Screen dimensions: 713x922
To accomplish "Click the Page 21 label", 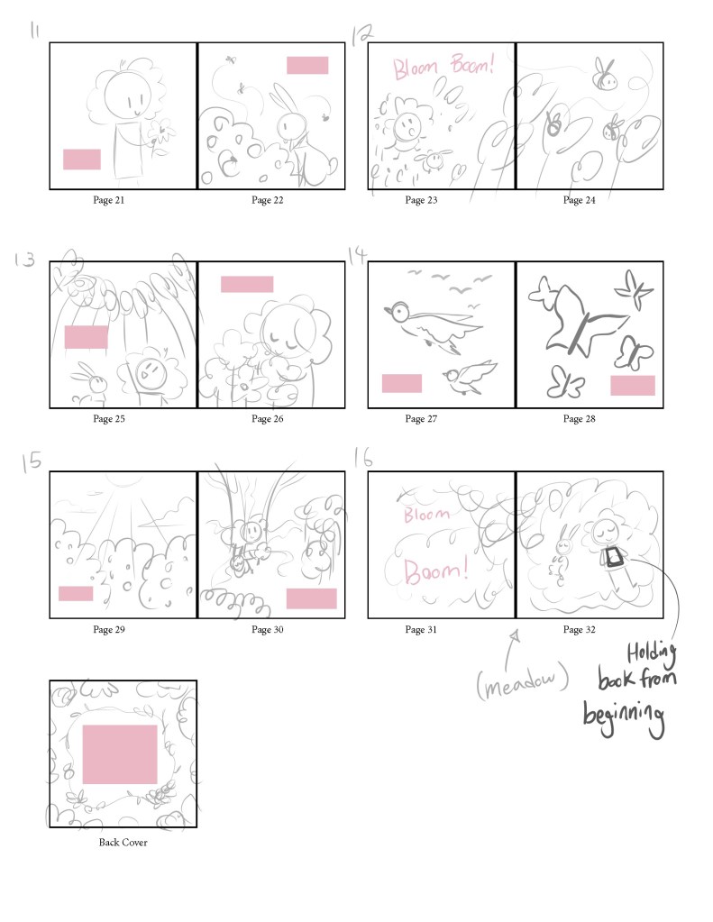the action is tap(109, 200).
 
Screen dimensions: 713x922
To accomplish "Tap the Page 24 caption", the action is tap(579, 200).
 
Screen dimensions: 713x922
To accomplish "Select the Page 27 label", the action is tap(421, 419).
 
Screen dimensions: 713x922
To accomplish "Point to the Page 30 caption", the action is tap(267, 629).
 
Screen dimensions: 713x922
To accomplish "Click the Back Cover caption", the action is tap(123, 842).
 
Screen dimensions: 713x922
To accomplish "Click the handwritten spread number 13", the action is tap(24, 260).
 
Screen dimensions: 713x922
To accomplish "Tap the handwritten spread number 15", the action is tap(32, 461).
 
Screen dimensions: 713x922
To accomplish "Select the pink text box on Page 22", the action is tap(307, 65).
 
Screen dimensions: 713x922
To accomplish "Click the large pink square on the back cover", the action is tap(119, 754).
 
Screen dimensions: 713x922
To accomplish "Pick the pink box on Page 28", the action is tap(633, 385).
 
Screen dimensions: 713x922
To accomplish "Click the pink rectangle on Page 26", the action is tap(247, 284).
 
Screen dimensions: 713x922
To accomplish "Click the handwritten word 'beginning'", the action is tap(624, 717).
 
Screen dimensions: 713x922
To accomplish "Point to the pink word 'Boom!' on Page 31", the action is tap(436, 571).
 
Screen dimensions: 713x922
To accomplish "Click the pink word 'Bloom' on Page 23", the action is tap(416, 68).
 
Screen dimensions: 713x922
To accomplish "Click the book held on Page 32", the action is tap(614, 557).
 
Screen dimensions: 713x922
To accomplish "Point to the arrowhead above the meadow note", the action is tap(516, 635).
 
